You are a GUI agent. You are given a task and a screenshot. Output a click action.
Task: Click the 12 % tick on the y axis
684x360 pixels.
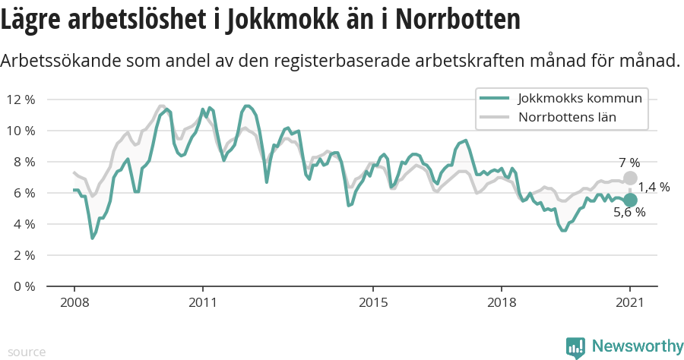coord(21,99)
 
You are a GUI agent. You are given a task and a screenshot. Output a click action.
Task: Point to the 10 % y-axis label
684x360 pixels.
coord(21,131)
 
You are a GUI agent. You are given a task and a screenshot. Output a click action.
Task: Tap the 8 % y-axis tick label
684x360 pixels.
coord(24,162)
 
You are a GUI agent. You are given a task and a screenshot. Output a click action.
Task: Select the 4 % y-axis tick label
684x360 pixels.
coord(24,224)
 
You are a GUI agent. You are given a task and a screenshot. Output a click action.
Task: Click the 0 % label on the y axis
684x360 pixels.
coord(24,286)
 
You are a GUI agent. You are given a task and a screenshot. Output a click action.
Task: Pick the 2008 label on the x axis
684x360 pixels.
coord(74,302)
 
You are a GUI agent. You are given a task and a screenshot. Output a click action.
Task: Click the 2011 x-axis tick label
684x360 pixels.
coord(203,302)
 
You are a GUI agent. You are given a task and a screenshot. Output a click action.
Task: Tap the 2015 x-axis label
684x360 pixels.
coord(372,302)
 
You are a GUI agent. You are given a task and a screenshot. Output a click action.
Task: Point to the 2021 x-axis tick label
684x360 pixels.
coord(629,302)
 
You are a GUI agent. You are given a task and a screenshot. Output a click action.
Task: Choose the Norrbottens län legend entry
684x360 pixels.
coord(566,117)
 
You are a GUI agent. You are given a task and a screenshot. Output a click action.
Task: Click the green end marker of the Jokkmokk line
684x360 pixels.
coord(629,200)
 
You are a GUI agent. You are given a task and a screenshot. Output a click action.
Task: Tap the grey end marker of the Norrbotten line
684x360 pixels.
coord(629,178)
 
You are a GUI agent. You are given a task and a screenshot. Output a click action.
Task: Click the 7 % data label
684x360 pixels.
coord(629,162)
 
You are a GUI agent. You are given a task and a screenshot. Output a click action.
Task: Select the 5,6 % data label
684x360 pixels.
coord(629,213)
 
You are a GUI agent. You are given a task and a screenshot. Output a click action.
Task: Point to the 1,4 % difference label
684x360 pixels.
coord(654,188)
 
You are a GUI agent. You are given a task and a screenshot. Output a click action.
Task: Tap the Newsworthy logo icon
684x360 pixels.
coord(575,347)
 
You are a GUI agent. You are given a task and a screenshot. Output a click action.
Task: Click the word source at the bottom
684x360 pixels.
coord(27,352)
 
